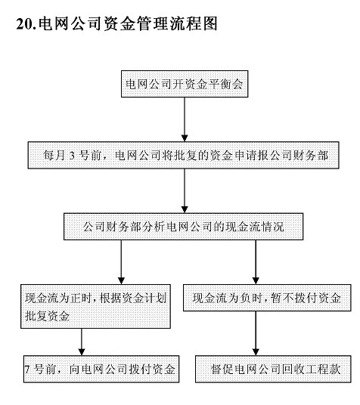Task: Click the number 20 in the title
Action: click(x=24, y=23)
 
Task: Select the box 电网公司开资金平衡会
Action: click(x=185, y=84)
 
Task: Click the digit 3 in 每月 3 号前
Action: click(x=72, y=156)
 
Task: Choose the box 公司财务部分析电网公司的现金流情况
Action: click(x=183, y=227)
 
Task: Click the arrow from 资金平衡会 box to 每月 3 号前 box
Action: click(x=185, y=119)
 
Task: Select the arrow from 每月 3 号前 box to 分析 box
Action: click(x=185, y=191)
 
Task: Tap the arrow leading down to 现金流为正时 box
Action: click(x=121, y=262)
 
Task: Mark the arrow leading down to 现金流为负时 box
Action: click(x=256, y=262)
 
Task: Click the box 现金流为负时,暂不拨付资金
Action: click(x=267, y=298)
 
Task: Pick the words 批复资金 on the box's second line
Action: click(x=48, y=316)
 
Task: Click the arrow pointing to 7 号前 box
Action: click(x=82, y=342)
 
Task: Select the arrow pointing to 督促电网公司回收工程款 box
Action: click(x=256, y=333)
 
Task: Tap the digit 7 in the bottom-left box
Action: click(x=27, y=369)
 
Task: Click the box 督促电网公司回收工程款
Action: click(x=273, y=369)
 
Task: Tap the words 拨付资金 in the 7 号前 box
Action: click(x=152, y=369)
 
